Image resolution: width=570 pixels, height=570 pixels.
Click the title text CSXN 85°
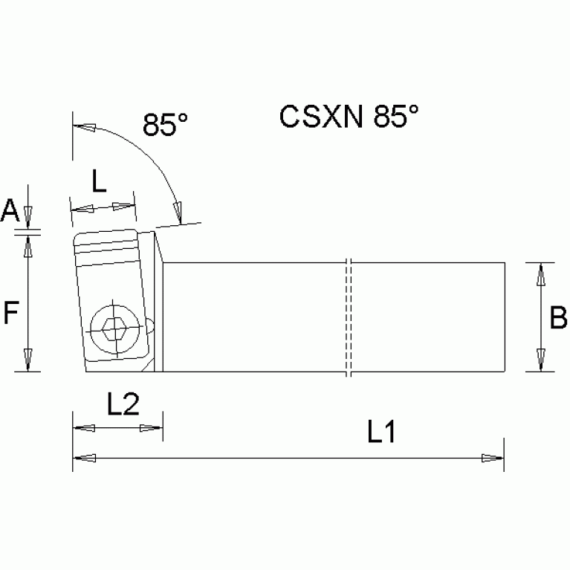point(349,117)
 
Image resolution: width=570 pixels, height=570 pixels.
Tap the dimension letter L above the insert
point(99,181)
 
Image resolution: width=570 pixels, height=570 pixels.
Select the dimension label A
point(10,211)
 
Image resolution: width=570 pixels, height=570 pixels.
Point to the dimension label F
point(10,314)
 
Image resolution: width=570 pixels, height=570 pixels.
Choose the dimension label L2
point(123,405)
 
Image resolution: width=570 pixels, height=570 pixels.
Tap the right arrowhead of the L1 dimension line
point(493,458)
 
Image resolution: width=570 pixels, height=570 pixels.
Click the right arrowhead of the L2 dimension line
point(152,428)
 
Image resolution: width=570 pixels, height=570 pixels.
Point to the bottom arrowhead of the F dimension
point(27,360)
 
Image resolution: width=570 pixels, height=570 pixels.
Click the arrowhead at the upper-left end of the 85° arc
point(84,128)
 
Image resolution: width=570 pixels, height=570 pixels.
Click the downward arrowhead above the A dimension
point(27,218)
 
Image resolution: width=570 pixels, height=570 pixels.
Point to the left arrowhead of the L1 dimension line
point(83,458)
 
